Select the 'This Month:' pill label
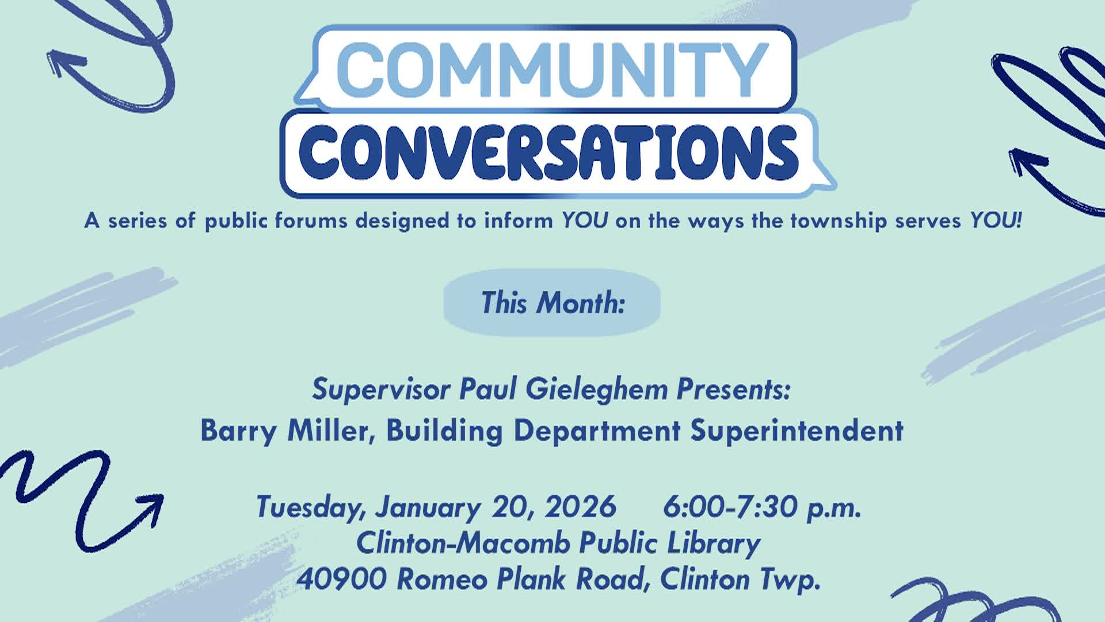[552, 303]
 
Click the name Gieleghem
[596, 390]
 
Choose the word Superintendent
[797, 431]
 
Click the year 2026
[580, 507]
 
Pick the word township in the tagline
[839, 221]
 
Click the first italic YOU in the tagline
[585, 221]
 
